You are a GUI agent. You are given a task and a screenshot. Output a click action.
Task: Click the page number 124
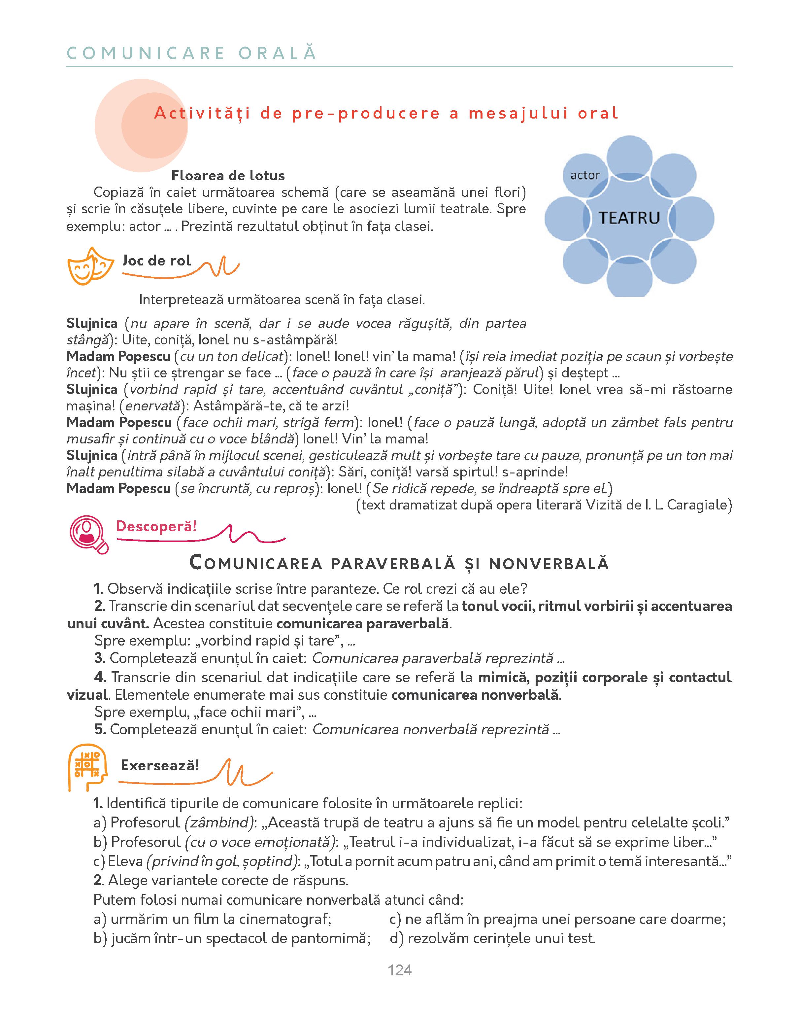click(399, 970)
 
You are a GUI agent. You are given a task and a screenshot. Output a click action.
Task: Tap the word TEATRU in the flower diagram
click(629, 218)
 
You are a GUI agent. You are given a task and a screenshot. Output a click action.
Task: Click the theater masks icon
click(90, 266)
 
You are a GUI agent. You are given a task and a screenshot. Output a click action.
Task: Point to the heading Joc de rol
click(157, 260)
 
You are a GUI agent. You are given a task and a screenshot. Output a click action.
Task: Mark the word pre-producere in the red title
click(366, 113)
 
